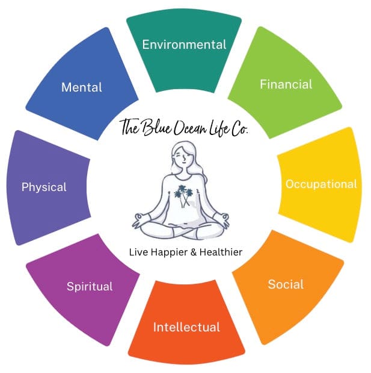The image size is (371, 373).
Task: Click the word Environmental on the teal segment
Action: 183,45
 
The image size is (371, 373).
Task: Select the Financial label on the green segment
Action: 286,84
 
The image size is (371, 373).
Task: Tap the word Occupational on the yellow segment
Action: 321,184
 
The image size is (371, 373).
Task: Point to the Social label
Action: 286,284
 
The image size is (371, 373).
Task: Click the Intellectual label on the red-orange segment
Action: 186,328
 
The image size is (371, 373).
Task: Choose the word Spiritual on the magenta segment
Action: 90,286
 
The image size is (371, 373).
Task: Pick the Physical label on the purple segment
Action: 44,187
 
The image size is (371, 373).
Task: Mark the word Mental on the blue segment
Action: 82,87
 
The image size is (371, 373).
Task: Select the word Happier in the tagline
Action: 171,252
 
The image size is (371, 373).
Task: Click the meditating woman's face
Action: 182,156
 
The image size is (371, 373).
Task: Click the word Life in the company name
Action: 219,128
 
